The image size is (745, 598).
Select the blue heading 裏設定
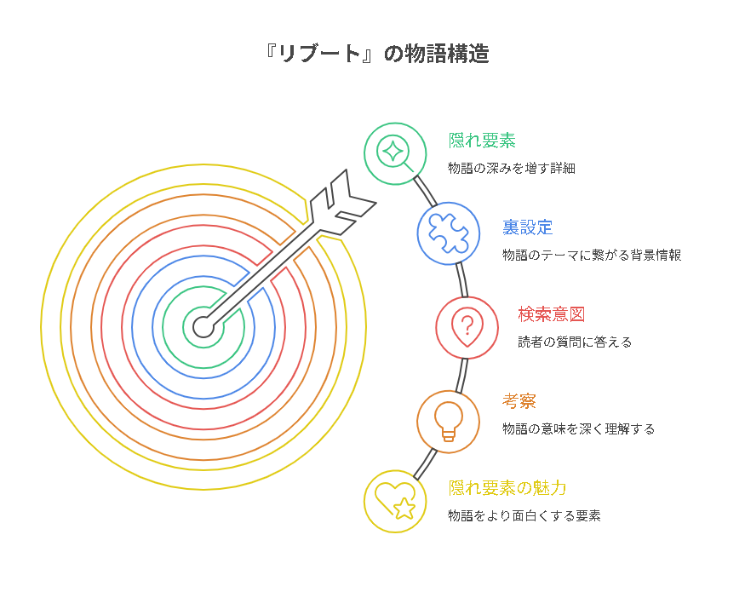click(527, 227)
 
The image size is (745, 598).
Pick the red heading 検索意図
click(551, 314)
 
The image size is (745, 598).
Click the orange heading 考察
click(519, 401)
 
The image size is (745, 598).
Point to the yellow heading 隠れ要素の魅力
click(507, 488)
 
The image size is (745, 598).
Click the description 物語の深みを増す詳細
click(511, 169)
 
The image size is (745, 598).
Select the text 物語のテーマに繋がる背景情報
click(591, 256)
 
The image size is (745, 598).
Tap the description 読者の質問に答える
click(575, 342)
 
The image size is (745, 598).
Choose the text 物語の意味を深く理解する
click(578, 429)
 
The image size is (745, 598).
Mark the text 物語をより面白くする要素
click(524, 516)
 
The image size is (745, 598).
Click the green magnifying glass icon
click(395, 153)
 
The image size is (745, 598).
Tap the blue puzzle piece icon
click(448, 233)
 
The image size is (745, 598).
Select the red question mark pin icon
click(467, 327)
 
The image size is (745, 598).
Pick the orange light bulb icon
click(448, 421)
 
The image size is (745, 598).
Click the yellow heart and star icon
click(395, 501)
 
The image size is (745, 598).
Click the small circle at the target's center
click(203, 325)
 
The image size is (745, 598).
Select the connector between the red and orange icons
click(461, 373)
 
